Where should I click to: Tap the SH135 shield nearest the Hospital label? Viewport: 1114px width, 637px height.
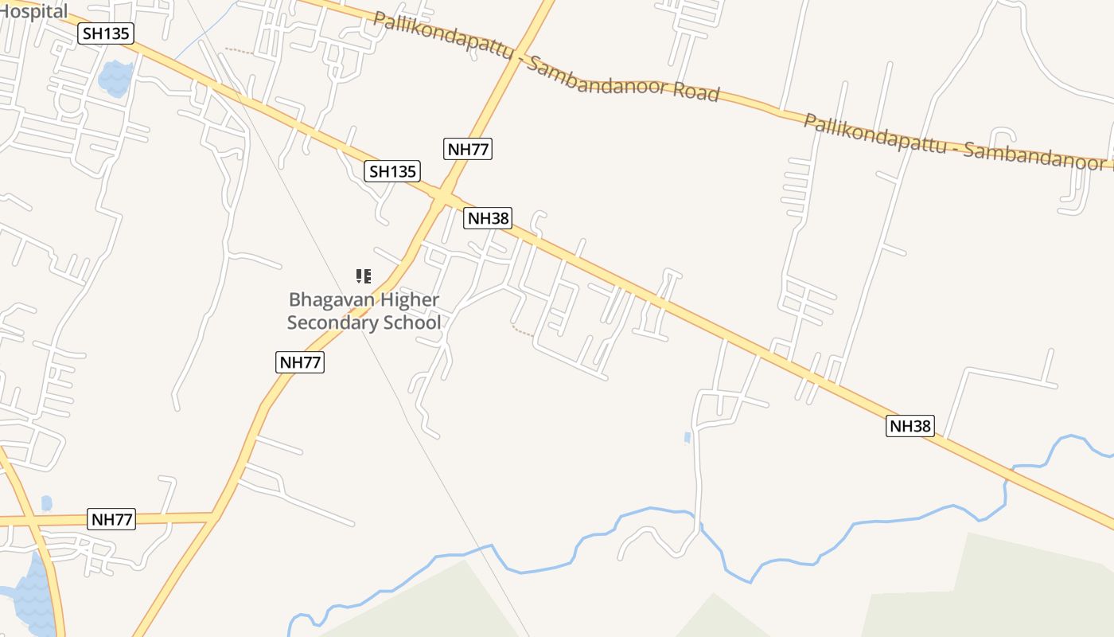[106, 33]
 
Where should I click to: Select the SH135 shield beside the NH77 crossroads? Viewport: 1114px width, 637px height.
[392, 171]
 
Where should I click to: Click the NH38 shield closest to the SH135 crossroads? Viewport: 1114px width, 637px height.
[488, 218]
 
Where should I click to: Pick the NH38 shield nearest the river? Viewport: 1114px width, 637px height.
[910, 426]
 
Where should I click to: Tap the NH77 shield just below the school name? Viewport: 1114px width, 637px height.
[300, 362]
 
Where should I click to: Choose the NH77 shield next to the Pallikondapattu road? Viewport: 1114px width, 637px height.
[468, 149]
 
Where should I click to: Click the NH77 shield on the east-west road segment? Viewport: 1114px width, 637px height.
[112, 520]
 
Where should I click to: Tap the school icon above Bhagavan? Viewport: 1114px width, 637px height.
[364, 276]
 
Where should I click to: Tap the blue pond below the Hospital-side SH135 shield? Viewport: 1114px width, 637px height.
[115, 78]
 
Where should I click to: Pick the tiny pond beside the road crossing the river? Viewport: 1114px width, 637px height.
[687, 437]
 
